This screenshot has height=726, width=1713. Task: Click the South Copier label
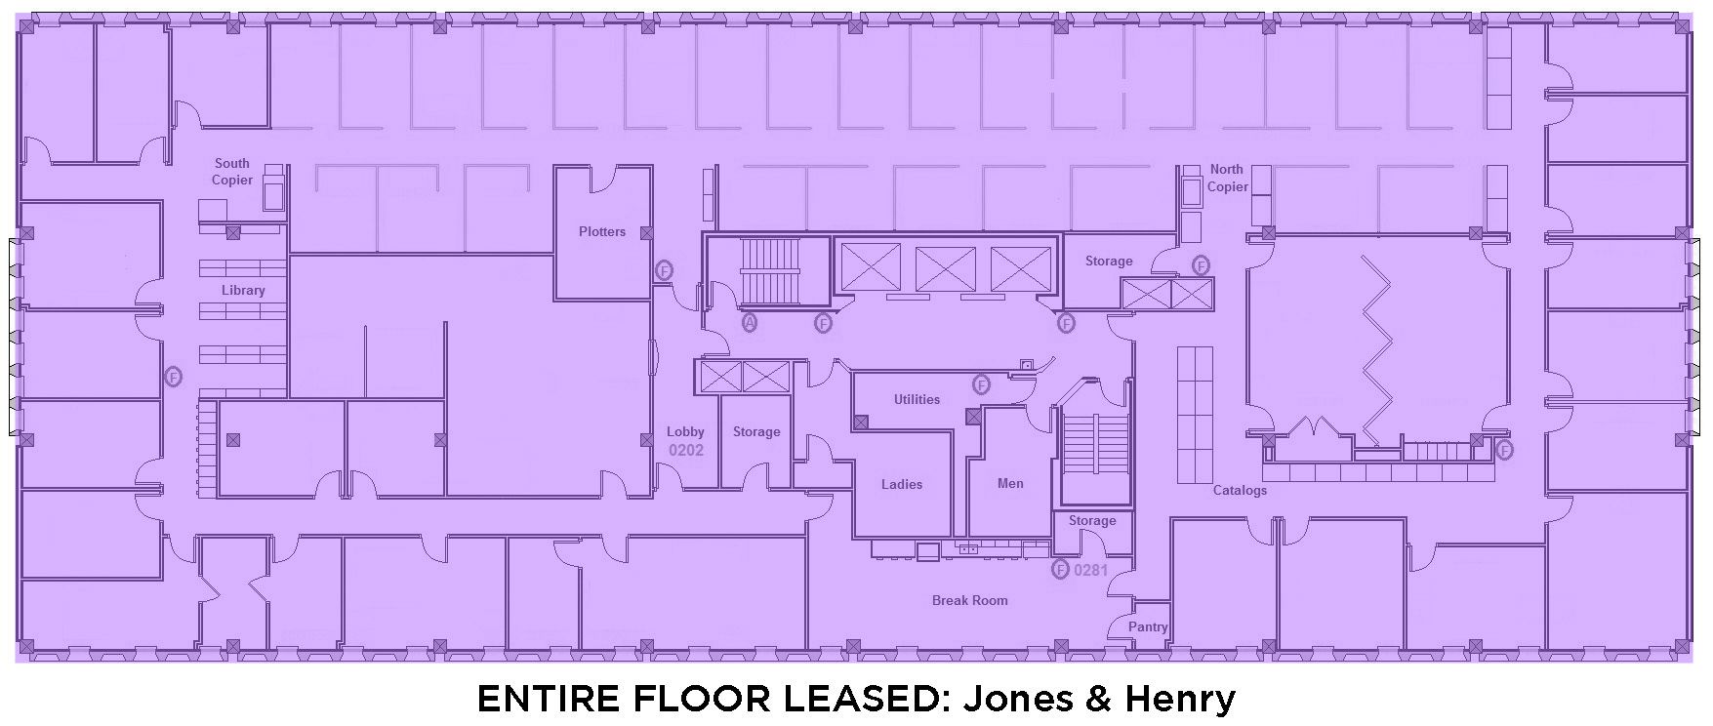click(x=232, y=172)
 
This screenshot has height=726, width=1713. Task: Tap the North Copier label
click(x=1228, y=178)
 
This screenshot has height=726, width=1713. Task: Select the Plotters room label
click(x=602, y=231)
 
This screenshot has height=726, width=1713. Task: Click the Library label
click(x=243, y=290)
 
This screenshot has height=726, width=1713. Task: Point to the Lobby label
click(x=685, y=431)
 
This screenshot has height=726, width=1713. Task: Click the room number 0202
click(x=685, y=450)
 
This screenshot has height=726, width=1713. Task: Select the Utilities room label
click(x=917, y=399)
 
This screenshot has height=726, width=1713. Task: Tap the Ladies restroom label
click(x=902, y=484)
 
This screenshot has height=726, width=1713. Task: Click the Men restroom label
click(x=1010, y=483)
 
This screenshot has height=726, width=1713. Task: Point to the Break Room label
click(x=970, y=600)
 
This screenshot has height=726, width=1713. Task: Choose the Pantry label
click(x=1148, y=626)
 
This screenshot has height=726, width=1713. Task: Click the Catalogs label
click(x=1240, y=490)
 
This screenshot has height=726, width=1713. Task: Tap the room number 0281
click(x=1090, y=570)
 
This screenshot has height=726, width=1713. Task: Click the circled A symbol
click(x=750, y=322)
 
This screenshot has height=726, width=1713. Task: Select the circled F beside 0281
click(x=1060, y=570)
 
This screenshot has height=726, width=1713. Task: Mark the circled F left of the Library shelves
click(x=174, y=376)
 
